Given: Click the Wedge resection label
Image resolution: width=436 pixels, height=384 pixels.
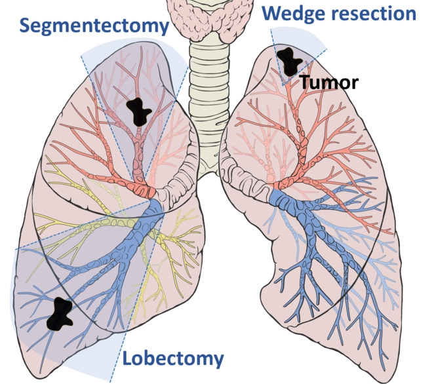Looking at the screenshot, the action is coord(339,14).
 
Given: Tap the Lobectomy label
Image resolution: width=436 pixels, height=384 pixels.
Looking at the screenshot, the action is coord(173,358).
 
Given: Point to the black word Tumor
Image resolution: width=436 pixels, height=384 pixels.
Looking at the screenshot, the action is coord(329,82).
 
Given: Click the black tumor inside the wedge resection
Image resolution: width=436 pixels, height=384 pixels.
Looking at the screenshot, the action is coord(290,61).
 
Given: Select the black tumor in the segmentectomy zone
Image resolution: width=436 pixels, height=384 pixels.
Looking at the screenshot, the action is coord(138,112).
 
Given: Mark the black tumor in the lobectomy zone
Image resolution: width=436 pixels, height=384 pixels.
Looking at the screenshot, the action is coord(60,314).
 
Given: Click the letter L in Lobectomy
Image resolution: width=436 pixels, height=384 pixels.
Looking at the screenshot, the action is coord(127,358).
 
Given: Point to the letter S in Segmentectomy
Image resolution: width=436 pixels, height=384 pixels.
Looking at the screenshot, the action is coord(24,25).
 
